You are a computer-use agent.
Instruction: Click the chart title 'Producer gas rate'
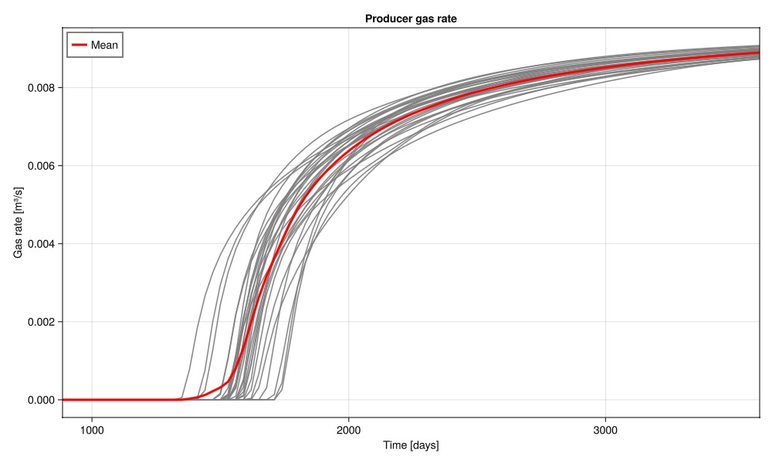pos(411,19)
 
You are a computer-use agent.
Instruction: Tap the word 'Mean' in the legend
pos(104,46)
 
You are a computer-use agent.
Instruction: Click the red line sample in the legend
pos(79,46)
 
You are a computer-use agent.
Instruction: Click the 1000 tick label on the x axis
pos(92,429)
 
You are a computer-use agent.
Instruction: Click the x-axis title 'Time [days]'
pos(411,445)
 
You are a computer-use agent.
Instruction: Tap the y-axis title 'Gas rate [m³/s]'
pos(19,222)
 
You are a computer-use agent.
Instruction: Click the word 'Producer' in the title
pos(389,19)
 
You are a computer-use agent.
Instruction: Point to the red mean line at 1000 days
pos(92,400)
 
